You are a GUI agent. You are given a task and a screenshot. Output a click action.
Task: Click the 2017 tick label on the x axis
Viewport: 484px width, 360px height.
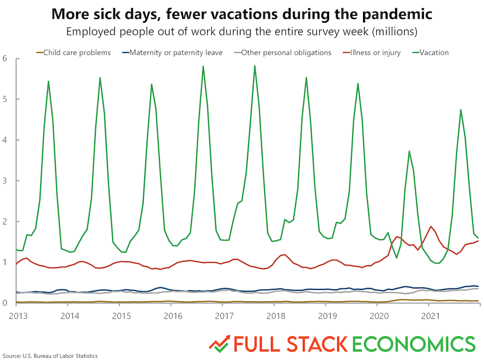[224, 315]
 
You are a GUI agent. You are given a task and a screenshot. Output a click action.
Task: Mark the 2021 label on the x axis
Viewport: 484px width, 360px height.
[430, 315]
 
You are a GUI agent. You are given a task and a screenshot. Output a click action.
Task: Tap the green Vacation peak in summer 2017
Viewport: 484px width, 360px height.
[255, 66]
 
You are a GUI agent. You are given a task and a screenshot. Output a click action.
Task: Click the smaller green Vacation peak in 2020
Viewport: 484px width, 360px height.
[409, 151]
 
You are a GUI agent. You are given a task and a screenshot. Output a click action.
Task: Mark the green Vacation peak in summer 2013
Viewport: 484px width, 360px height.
[48, 81]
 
